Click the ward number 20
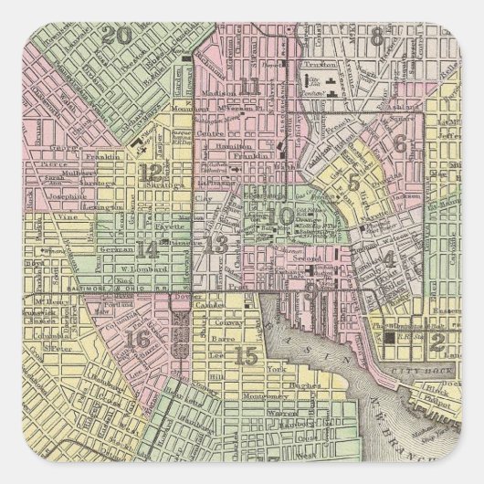click(x=117, y=37)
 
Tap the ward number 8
click(x=376, y=37)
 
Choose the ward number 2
click(x=437, y=342)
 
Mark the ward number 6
click(x=400, y=143)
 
